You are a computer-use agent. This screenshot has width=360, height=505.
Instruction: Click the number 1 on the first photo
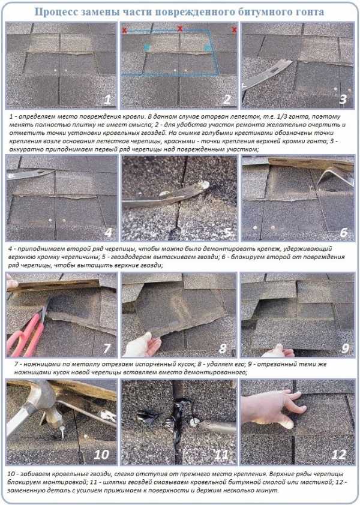pyautogui.click(x=107, y=99)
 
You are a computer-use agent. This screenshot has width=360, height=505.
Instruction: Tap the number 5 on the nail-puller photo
pyautogui.click(x=228, y=233)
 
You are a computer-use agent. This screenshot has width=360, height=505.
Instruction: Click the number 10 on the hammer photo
pyautogui.click(x=101, y=455)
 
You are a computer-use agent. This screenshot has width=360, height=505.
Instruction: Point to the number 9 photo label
pyautogui.click(x=345, y=348)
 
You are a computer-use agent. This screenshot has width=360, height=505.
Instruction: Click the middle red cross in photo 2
pyautogui.click(x=180, y=29)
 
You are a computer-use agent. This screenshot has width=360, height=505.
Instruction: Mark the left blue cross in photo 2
pyautogui.click(x=147, y=47)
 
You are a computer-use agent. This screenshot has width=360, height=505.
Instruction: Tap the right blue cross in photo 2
pyautogui.click(x=208, y=47)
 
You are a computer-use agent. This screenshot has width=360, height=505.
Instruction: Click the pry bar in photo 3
pyautogui.click(x=266, y=76)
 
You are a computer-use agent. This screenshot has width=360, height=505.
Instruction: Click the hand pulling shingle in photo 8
pyautogui.click(x=142, y=345)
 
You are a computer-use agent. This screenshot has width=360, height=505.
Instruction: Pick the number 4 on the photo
pyautogui.click(x=108, y=233)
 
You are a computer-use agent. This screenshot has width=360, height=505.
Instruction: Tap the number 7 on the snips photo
pyautogui.click(x=107, y=348)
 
